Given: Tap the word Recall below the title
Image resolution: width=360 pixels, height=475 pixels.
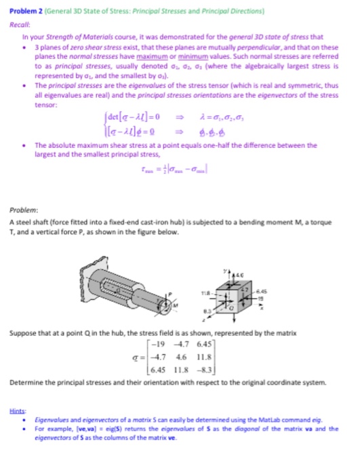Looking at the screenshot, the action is pos(21,20).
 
